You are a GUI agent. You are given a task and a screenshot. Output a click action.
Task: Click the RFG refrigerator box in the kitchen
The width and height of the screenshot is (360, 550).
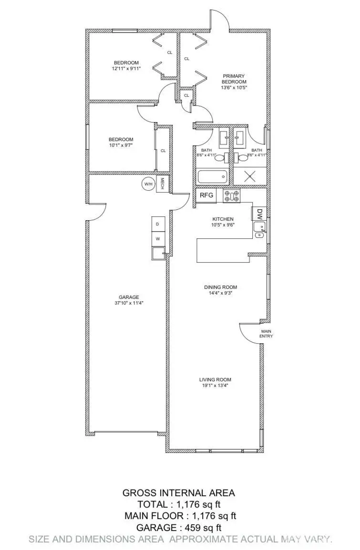pyautogui.click(x=206, y=195)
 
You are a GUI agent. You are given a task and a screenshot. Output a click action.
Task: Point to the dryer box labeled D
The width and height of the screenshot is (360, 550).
pyautogui.click(x=158, y=224)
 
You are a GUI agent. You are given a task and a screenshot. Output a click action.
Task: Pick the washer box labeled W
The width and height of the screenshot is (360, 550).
pyautogui.click(x=158, y=238)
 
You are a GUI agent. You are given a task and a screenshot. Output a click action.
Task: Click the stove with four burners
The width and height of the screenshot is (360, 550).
pyautogui.click(x=232, y=195)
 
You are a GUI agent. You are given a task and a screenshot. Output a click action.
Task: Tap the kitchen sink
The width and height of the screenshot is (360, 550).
pyautogui.click(x=260, y=234)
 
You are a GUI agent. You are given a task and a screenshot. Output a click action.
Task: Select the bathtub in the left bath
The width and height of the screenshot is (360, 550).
pyautogui.click(x=212, y=177)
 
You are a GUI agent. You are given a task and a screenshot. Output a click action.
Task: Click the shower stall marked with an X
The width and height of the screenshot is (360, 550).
pyautogui.click(x=250, y=176)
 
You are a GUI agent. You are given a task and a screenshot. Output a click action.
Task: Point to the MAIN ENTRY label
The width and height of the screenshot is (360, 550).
pyautogui.click(x=266, y=333)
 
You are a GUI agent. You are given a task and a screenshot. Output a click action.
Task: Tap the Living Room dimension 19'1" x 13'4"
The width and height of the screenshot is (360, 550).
pyautogui.click(x=215, y=386)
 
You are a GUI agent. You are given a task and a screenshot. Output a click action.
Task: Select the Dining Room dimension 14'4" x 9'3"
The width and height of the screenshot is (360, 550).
pyautogui.click(x=220, y=294)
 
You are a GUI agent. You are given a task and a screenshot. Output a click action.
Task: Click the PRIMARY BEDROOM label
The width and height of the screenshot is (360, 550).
pyautogui.click(x=233, y=79)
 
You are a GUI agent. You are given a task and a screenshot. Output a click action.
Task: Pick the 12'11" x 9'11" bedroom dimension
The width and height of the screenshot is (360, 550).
pyautogui.click(x=126, y=69)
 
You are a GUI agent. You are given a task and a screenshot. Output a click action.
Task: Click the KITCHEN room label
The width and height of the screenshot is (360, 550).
pyautogui.click(x=223, y=219)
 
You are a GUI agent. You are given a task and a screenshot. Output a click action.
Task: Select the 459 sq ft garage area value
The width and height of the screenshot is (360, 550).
pyautogui.click(x=196, y=528)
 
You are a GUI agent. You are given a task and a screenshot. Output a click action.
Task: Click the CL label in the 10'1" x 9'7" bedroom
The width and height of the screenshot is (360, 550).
pyautogui.click(x=163, y=151)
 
